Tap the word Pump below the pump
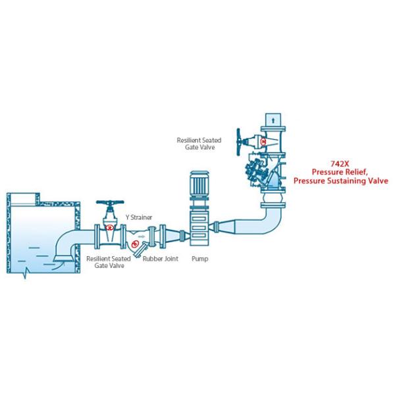coord(199,259)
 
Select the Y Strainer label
coord(139,217)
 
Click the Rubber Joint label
coord(161,259)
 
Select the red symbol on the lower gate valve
coord(110,227)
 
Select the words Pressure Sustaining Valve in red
coord(340,180)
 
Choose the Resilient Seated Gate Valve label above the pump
coord(199,144)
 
